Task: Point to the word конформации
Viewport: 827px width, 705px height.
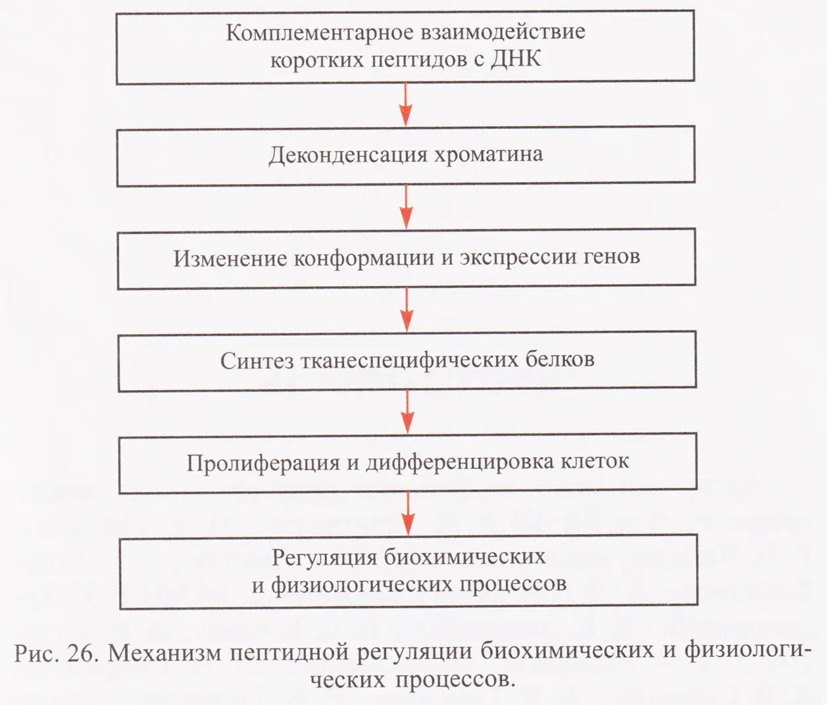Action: [364, 258]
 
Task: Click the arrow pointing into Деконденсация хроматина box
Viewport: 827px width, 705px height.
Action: [406, 104]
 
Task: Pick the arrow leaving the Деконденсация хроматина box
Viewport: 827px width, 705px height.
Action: [407, 207]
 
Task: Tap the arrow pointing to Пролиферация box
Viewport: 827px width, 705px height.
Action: [407, 412]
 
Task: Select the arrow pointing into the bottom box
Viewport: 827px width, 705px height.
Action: [408, 513]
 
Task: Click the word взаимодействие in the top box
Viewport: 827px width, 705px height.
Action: [503, 32]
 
